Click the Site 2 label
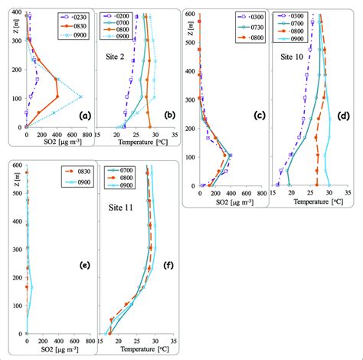tap(117, 57)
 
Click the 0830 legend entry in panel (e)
tap(74, 171)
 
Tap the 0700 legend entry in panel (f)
tap(123, 171)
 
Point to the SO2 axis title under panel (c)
tap(227, 202)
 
